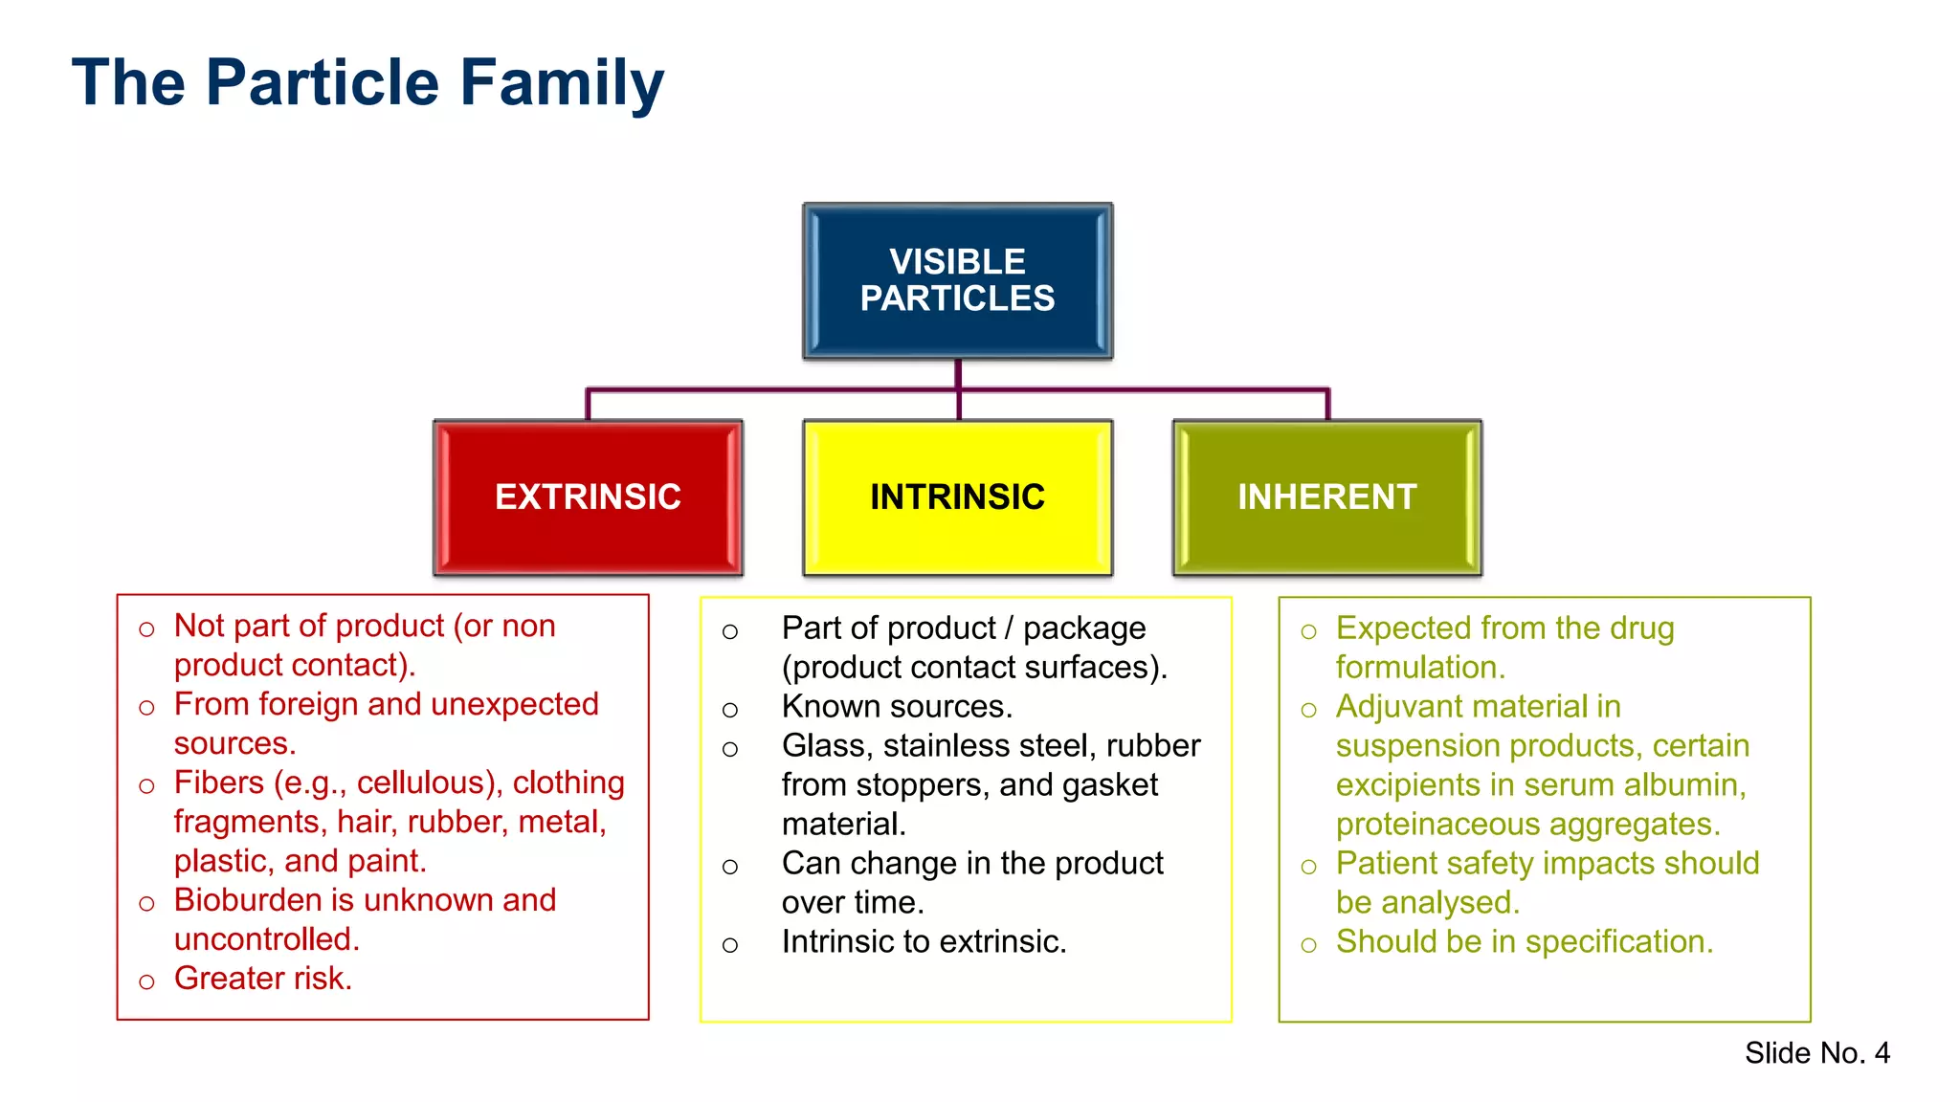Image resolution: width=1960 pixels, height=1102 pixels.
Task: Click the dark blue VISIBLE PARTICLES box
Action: tap(957, 280)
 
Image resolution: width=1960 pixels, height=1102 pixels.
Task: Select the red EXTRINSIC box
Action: tap(588, 496)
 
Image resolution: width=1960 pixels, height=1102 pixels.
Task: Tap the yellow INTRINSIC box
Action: tap(957, 496)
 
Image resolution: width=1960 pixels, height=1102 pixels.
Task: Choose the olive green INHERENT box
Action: tap(1326, 496)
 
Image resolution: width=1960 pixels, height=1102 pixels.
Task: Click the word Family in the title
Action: tap(562, 83)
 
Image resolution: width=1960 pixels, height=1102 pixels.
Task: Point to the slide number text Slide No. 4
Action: tap(1815, 1052)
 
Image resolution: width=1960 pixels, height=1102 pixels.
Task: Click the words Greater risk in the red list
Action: tap(262, 979)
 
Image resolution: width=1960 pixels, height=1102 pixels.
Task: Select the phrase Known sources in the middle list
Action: tap(896, 707)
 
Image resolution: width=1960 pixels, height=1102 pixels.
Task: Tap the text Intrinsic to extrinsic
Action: tap(923, 942)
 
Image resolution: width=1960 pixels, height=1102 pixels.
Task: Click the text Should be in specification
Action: tap(1524, 942)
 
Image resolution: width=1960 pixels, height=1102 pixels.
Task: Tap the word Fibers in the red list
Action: tap(218, 782)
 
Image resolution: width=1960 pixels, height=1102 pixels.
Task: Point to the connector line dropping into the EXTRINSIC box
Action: tap(588, 406)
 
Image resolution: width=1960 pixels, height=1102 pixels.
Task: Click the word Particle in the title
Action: tap(323, 83)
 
